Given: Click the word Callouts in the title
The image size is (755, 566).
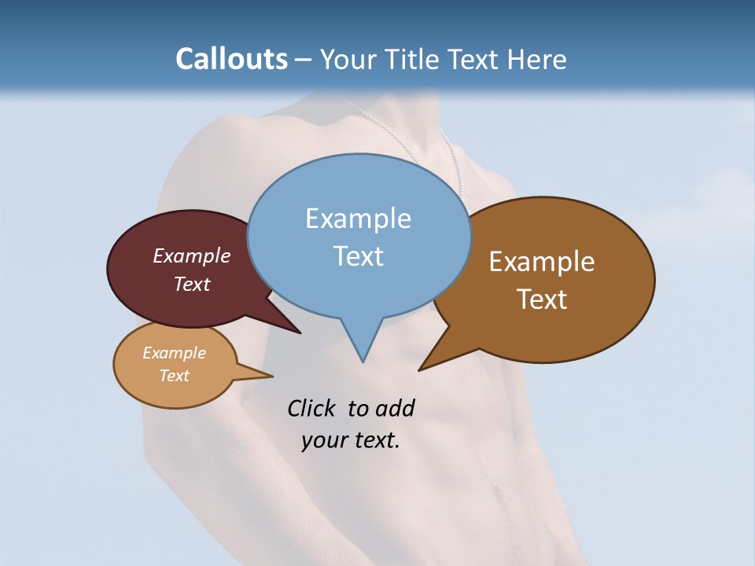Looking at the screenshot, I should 231,59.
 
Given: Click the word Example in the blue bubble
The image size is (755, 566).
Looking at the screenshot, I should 358,219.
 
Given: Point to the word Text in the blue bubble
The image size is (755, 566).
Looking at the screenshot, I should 358,256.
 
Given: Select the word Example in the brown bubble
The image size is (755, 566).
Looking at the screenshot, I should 542,262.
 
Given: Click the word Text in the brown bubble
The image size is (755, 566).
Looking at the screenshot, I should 542,300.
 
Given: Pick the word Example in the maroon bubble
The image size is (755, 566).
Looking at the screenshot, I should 191,255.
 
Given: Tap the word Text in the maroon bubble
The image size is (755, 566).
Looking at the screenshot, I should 191,284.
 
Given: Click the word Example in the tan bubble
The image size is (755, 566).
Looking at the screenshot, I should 174,353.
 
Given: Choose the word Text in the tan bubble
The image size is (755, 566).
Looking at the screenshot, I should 174,376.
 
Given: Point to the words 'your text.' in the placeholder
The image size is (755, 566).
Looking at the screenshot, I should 350,440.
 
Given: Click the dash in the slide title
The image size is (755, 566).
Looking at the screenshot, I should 304,60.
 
